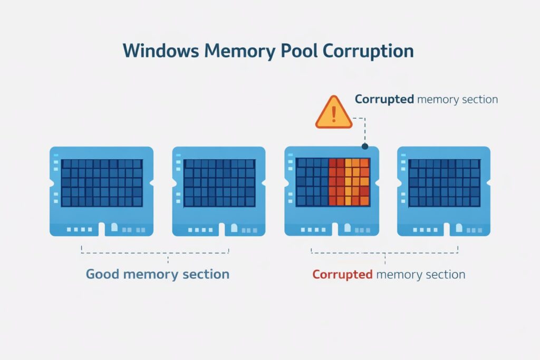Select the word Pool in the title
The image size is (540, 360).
coord(294,51)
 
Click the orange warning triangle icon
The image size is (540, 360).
coord(333,113)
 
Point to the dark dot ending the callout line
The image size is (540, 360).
coord(364,146)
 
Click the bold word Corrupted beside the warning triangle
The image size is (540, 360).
coord(384,99)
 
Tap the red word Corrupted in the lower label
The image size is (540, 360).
coord(342,275)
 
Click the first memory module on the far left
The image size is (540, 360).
coord(101,191)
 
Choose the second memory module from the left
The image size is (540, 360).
coord(219,191)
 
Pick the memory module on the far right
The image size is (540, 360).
coord(443,191)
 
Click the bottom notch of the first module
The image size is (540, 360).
coord(102,230)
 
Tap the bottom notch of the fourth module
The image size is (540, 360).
coord(446,230)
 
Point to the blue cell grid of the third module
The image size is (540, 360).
coord(312,182)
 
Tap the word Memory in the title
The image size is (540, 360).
coord(237,51)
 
